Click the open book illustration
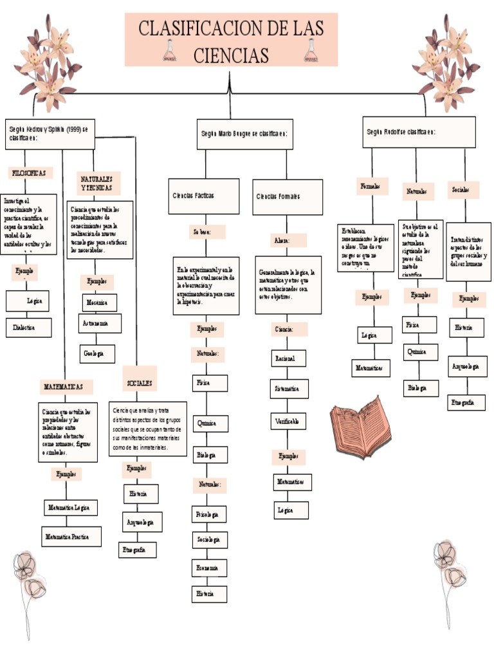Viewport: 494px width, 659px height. tap(361, 427)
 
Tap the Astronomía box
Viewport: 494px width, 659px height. tap(100, 323)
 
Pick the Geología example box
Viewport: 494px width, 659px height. tap(97, 353)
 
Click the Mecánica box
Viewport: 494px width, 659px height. tap(100, 302)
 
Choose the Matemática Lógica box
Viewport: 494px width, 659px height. tap(71, 508)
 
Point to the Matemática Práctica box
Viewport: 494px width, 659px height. tap(71, 536)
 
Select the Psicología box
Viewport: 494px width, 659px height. tap(209, 514)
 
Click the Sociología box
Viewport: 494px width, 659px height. tap(209, 539)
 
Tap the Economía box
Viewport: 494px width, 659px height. tap(209, 568)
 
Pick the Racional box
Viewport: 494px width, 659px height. tap(288, 358)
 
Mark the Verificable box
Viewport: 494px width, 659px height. tap(288, 421)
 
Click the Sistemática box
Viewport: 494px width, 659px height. tap(289, 389)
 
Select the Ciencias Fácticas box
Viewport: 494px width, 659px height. tap(203, 196)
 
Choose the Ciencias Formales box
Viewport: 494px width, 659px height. tap(288, 197)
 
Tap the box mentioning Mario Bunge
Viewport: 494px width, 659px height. tap(244, 134)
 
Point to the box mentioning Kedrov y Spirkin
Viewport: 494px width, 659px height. tap(50, 134)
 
